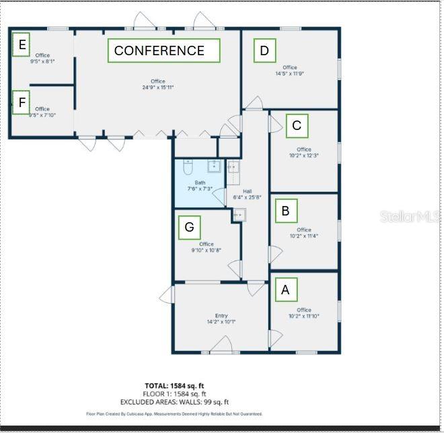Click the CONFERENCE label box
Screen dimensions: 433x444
click(x=163, y=51)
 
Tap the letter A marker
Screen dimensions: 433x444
click(x=285, y=290)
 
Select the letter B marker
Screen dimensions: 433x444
click(x=285, y=211)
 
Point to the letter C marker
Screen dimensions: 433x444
click(x=297, y=125)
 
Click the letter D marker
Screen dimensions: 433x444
click(x=264, y=51)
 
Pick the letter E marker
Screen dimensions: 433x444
click(x=22, y=45)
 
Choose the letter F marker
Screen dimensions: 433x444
click(x=22, y=102)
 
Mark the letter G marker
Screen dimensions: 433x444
click(x=189, y=228)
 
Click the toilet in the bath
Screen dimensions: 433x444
click(x=188, y=166)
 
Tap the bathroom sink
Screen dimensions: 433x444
click(x=215, y=166)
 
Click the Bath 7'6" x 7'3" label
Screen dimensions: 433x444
click(x=200, y=186)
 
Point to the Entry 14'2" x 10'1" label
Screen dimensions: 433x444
click(x=221, y=319)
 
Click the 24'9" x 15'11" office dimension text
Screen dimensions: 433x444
click(x=157, y=88)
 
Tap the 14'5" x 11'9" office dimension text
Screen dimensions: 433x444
click(x=290, y=73)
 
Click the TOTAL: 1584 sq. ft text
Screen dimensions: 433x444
click(x=174, y=386)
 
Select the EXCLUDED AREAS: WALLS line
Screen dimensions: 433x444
click(x=174, y=402)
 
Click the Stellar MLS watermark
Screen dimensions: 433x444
click(x=410, y=216)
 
